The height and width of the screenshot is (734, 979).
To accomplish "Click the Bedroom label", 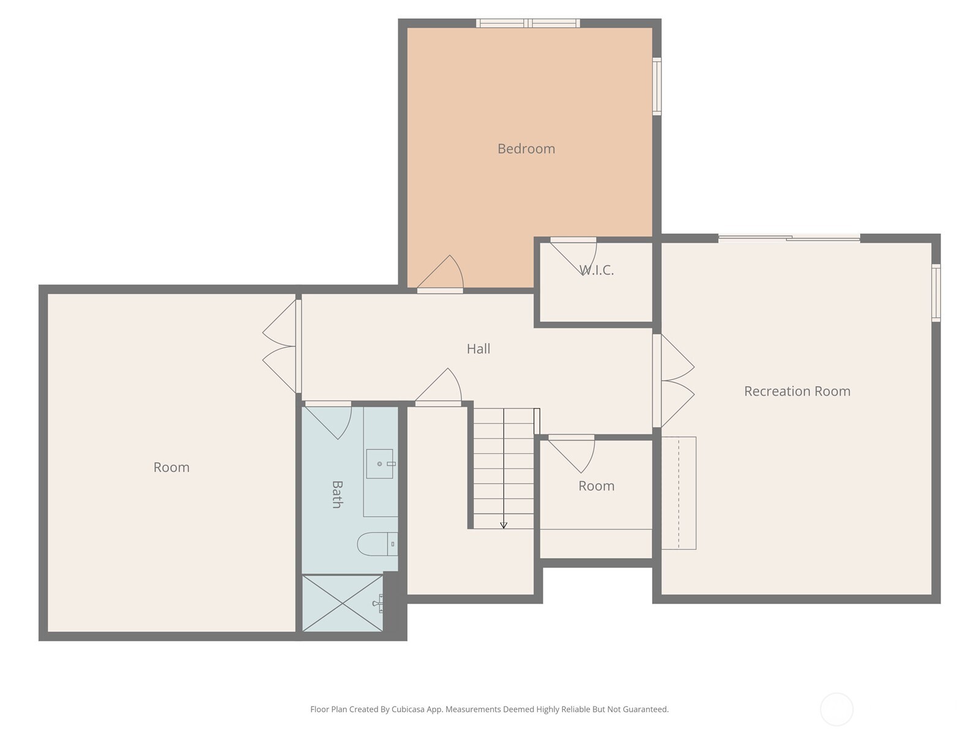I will coord(526,149).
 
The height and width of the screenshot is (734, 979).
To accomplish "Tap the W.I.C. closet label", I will coord(597,270).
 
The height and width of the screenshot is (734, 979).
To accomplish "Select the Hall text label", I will coord(478,349).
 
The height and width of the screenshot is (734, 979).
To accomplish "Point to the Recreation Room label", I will coord(797,391).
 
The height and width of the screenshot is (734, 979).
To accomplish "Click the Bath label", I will coord(337,494).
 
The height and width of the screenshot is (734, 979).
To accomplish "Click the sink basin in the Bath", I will coord(379,464).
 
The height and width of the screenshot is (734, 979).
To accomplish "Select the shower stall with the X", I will coord(342,603).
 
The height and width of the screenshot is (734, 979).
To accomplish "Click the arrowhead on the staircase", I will coord(504,525).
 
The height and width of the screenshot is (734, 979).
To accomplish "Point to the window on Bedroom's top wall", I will coord(527,23).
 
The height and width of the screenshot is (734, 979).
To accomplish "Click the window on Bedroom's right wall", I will coord(657,86).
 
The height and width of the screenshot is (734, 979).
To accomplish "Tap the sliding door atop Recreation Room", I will coord(789,238).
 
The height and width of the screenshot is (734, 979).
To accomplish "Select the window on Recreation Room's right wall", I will coord(936,292).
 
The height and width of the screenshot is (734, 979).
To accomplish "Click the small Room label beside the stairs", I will coord(597,486).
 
